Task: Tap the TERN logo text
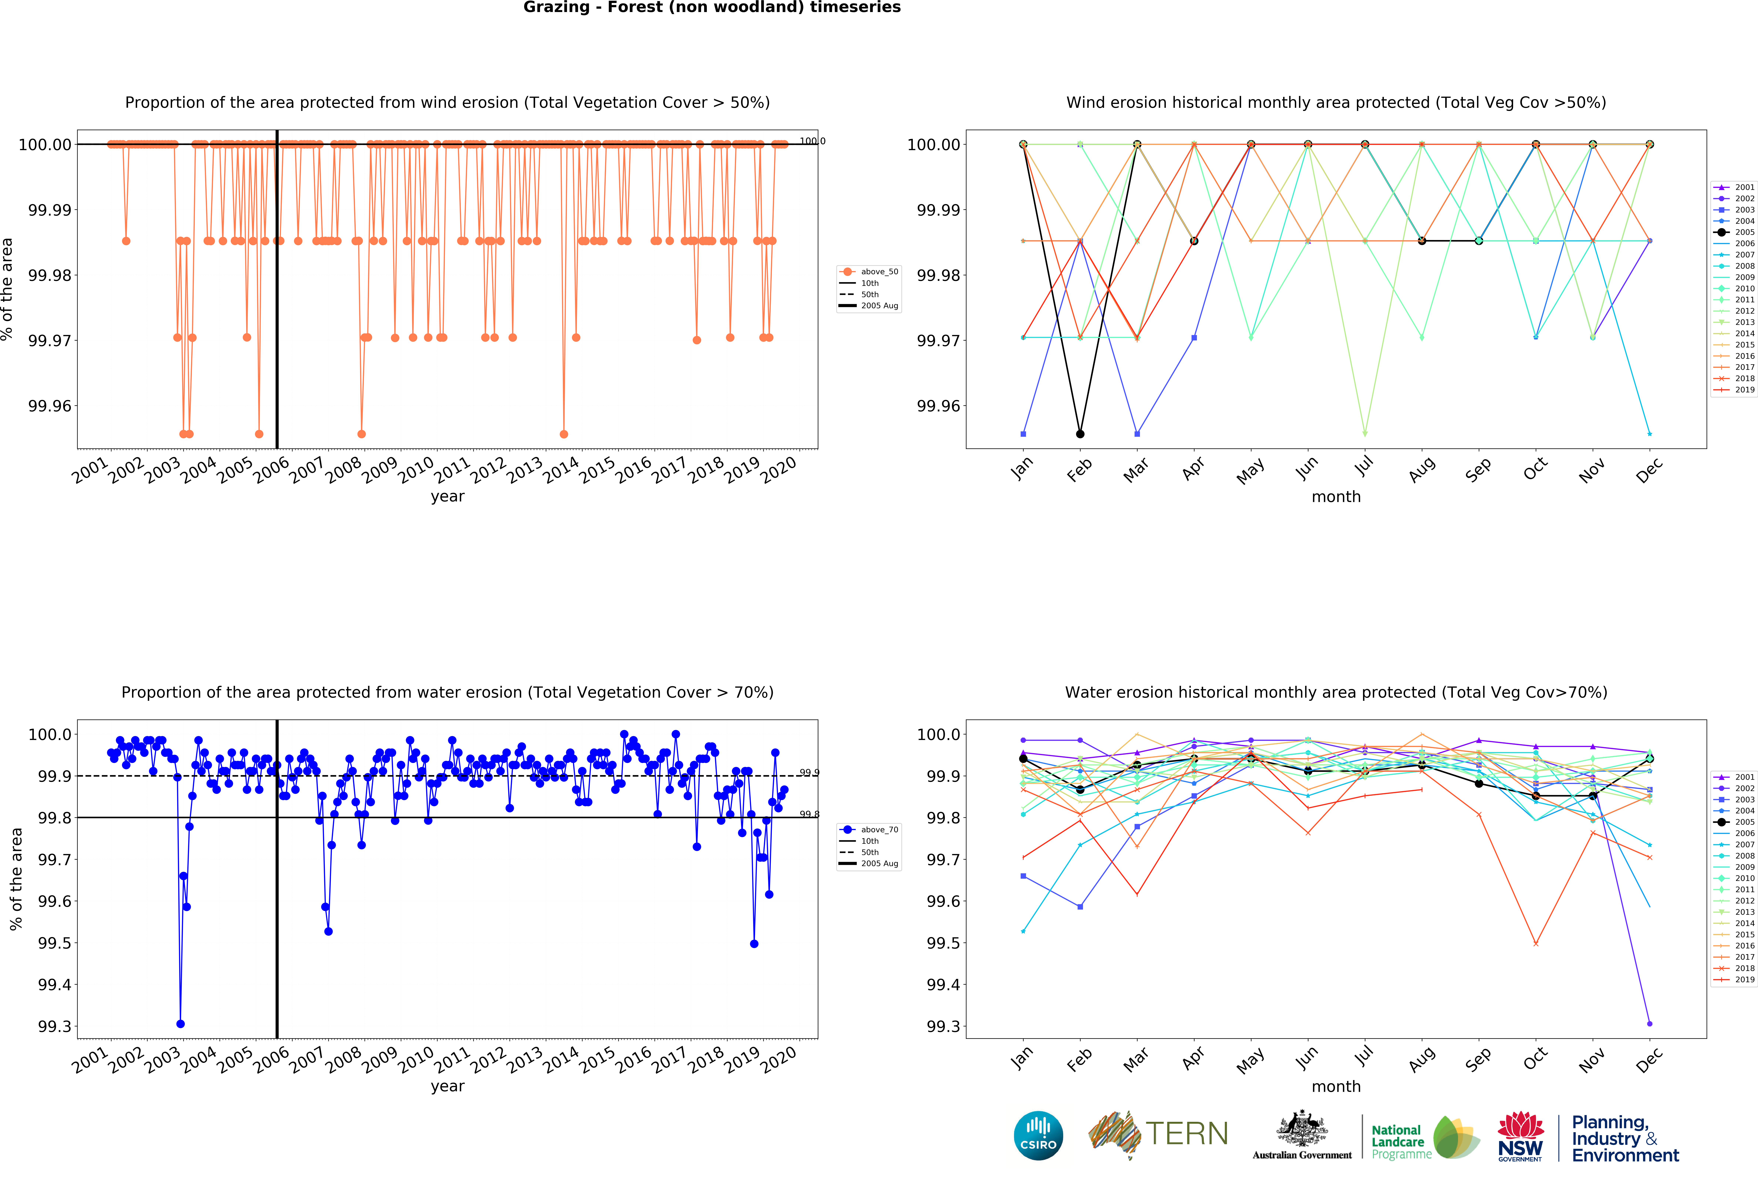1186,1133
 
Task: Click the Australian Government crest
1302,1130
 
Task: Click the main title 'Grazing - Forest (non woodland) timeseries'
712,8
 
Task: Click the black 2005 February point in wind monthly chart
1080,434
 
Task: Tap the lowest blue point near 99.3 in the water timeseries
180,1024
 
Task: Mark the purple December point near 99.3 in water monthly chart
1650,1024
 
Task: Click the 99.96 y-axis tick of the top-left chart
50,406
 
